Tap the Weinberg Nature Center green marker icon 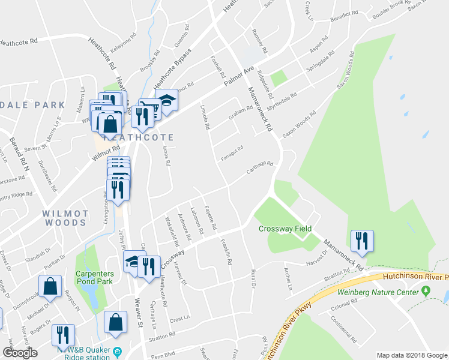pos(426,291)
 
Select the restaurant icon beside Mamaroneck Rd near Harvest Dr pos(362,241)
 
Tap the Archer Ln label pos(288,278)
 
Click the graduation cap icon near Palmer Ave pos(166,100)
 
